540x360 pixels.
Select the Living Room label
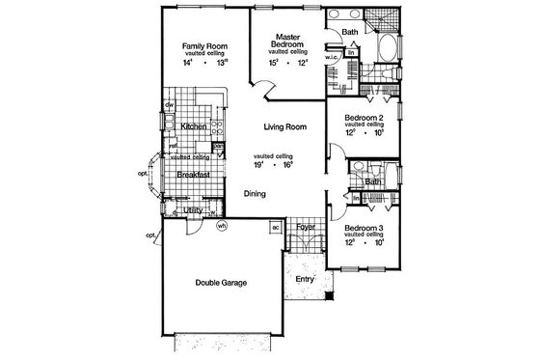(x=285, y=125)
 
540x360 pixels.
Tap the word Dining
(x=255, y=194)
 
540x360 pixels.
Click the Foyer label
(x=306, y=229)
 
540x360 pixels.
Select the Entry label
(x=306, y=279)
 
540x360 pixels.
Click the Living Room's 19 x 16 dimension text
(x=269, y=165)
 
